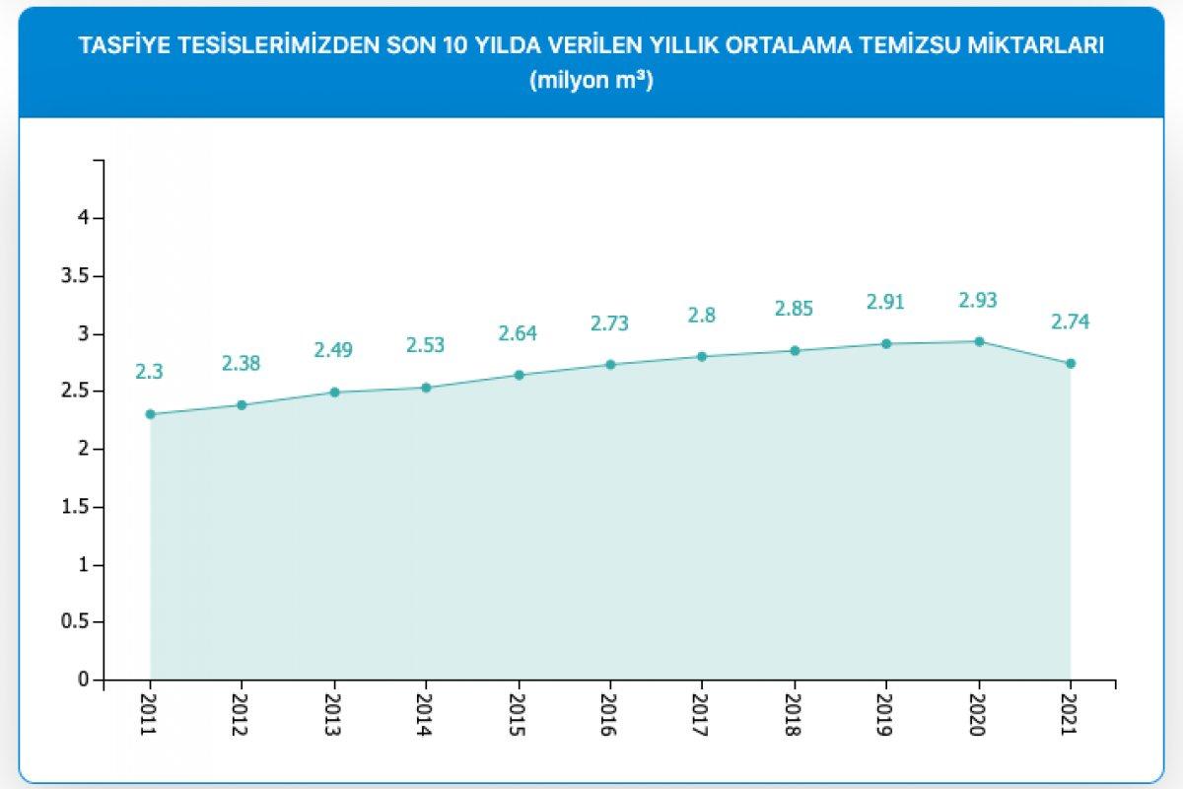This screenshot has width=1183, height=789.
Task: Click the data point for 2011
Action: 150,414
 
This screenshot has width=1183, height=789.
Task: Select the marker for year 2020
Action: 979,341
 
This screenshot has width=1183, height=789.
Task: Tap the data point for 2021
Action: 1071,363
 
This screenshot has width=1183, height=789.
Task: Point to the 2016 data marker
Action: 610,364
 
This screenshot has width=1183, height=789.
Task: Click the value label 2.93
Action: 979,300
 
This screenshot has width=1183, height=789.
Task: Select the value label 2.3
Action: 150,372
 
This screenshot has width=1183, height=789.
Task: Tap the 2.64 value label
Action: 518,332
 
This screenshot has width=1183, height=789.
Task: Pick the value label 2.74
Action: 1071,322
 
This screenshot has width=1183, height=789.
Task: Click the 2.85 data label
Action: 795,309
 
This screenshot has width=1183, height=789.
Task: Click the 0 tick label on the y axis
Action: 85,681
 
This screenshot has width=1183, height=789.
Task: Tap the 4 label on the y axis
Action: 85,218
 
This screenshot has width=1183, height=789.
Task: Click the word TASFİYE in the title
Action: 121,45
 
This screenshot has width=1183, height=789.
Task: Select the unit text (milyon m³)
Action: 591,81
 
